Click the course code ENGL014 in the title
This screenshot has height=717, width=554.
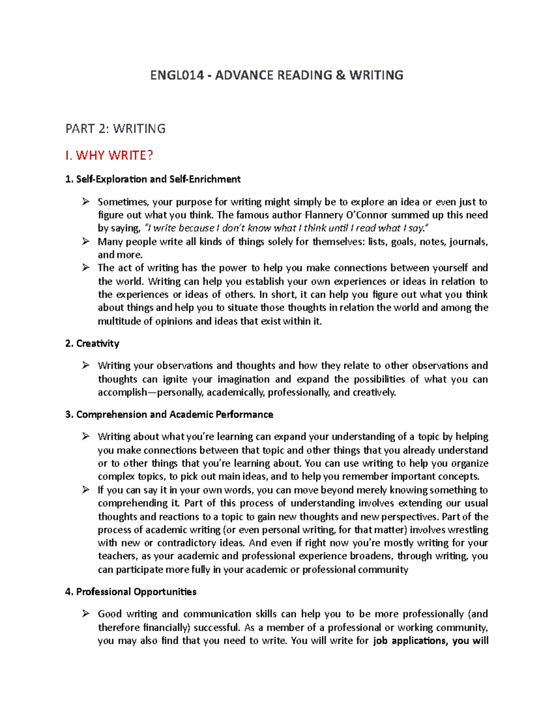177,75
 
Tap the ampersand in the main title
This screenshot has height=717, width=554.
340,75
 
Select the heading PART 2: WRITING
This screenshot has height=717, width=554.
115,128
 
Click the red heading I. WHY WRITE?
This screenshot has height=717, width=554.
109,155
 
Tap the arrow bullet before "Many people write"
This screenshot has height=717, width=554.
85,241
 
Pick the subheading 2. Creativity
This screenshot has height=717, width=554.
92,343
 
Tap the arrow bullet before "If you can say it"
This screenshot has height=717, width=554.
85,490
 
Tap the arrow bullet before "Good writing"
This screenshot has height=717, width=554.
85,614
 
